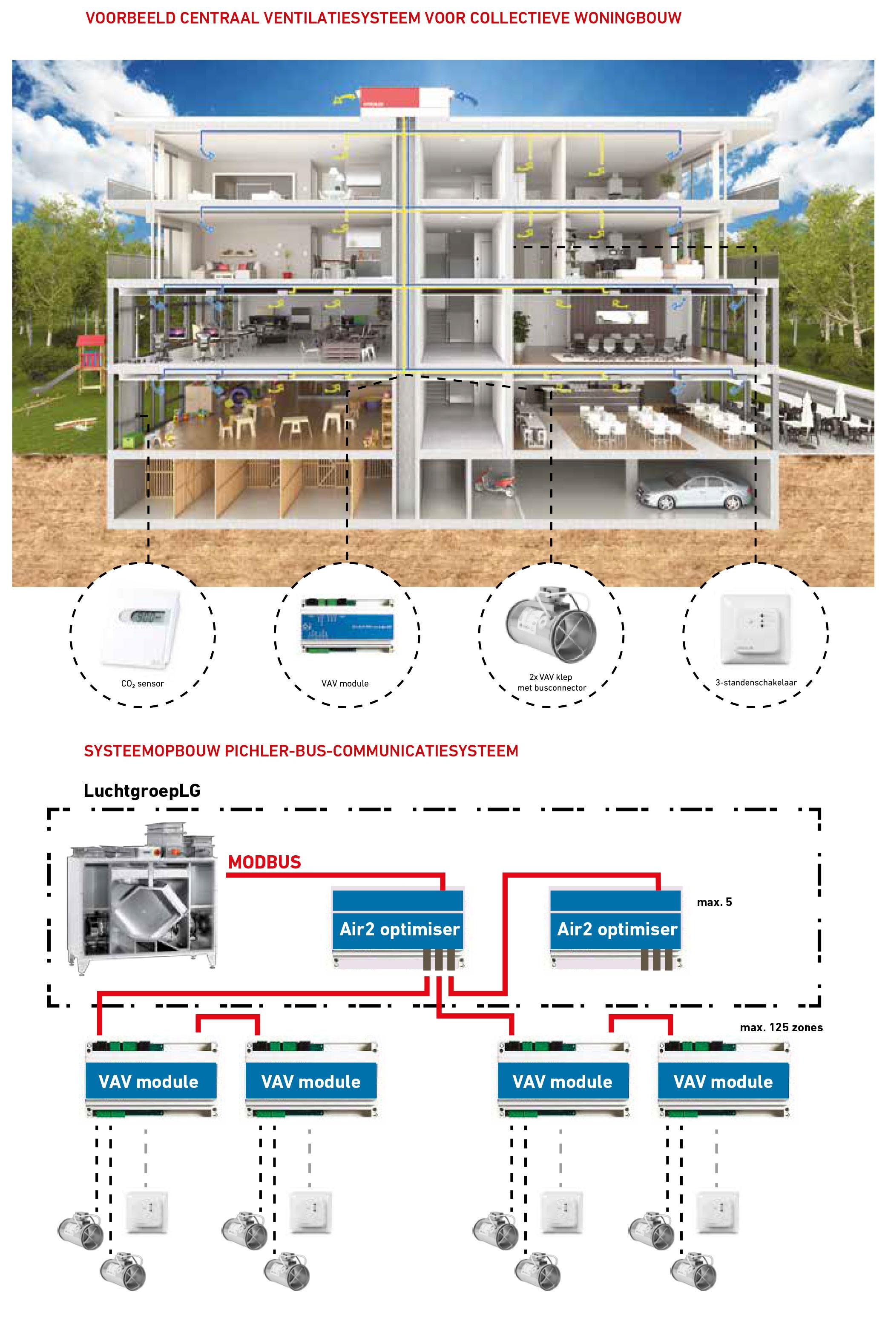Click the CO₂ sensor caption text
click(142, 684)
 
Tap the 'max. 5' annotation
click(714, 902)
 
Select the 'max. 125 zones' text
click(782, 1027)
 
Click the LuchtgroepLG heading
click(142, 791)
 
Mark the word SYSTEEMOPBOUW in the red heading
click(152, 751)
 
